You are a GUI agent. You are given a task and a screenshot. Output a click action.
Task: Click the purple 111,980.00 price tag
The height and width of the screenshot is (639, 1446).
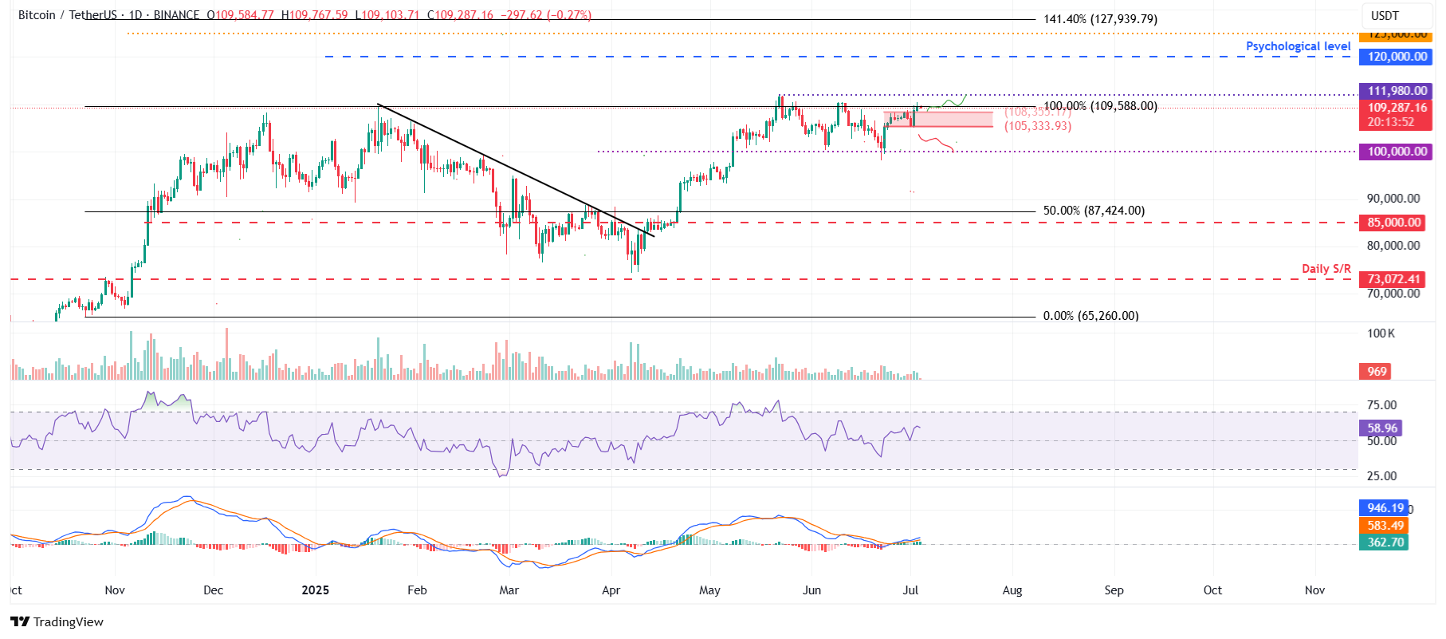click(1397, 91)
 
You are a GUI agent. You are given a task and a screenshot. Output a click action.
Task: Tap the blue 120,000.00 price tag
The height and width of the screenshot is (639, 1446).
click(1397, 57)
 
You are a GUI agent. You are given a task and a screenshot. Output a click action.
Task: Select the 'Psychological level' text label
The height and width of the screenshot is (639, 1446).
click(1298, 46)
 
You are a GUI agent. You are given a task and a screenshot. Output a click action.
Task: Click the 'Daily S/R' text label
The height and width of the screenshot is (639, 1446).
click(1326, 269)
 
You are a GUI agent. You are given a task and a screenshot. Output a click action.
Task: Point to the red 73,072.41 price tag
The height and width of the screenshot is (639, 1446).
click(1393, 279)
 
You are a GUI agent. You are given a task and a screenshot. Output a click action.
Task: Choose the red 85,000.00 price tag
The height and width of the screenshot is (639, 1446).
click(1393, 223)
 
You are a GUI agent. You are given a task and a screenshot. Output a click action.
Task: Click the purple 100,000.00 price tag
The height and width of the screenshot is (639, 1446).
click(1397, 152)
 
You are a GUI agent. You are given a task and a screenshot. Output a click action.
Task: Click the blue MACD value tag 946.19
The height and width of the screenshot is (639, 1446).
click(1385, 508)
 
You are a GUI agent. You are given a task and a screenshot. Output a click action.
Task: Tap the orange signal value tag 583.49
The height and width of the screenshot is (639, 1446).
click(1385, 526)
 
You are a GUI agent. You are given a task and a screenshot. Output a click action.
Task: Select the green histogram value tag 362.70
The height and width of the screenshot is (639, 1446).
click(1385, 542)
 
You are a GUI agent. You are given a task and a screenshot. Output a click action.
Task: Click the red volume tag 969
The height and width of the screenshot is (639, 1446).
click(1377, 372)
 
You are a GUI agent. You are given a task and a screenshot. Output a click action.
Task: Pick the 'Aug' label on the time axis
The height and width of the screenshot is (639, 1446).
click(1012, 590)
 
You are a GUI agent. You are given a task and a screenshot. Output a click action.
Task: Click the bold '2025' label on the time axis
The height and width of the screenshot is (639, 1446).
click(315, 590)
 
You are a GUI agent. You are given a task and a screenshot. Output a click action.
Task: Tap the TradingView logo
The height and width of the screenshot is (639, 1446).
click(57, 622)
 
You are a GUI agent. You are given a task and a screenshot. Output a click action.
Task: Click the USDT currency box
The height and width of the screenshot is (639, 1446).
click(1385, 16)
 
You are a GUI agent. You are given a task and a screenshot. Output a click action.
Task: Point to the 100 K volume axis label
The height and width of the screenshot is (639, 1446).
click(1381, 333)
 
